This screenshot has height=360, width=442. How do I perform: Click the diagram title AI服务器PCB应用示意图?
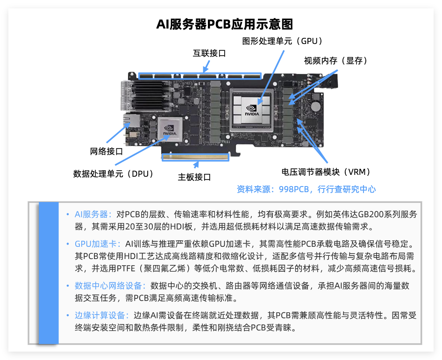225,24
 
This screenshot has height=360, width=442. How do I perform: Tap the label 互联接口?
209,53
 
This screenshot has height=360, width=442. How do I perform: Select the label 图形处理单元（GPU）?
282,41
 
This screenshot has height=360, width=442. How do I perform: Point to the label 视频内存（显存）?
335,61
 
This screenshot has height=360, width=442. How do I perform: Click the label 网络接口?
106,151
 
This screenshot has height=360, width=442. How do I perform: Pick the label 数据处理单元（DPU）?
113,174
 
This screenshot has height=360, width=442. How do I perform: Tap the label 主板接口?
194,177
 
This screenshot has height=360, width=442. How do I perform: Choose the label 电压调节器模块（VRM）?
326,172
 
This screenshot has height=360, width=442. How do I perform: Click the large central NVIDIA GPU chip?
252,110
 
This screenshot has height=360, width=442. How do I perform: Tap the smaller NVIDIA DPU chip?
170,130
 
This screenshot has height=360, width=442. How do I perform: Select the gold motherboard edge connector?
195,157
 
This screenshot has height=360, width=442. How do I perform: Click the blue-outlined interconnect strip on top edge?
200,76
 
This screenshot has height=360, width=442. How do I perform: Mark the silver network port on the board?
131,121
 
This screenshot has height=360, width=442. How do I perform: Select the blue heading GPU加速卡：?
98,244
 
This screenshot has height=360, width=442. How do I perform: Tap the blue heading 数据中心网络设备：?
110,286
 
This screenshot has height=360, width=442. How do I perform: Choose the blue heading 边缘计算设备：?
102,316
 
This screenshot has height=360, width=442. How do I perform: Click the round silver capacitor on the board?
315,107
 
